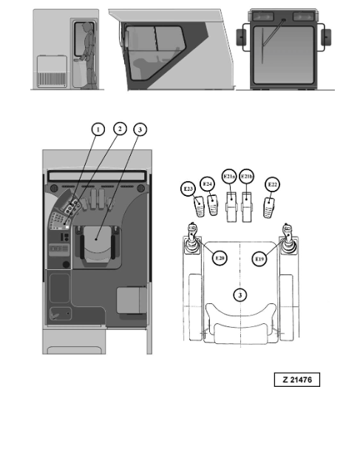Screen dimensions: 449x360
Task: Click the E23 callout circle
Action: coord(188,190)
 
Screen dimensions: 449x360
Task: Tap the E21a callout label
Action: coord(229,178)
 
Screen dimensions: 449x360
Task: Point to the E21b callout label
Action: coord(248,178)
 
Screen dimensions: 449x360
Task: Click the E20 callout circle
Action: coord(219,258)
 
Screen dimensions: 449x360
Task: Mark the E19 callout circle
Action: coord(259,258)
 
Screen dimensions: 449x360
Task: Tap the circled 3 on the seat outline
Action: coord(239,294)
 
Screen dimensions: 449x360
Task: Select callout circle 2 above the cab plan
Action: coord(118,129)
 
